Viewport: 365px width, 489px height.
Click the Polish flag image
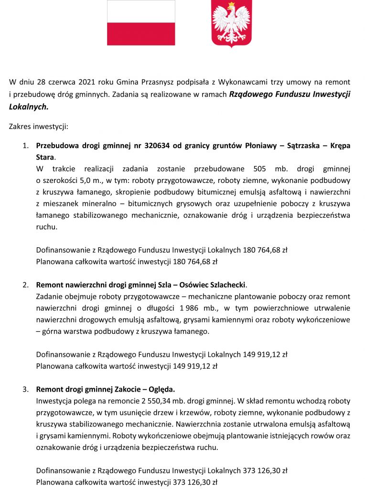(x=141, y=22)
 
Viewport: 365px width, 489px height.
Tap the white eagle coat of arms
(x=231, y=24)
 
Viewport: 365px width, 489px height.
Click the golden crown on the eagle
(x=232, y=5)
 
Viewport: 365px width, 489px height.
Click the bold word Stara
(x=45, y=157)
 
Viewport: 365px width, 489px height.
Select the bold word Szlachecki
(x=227, y=285)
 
